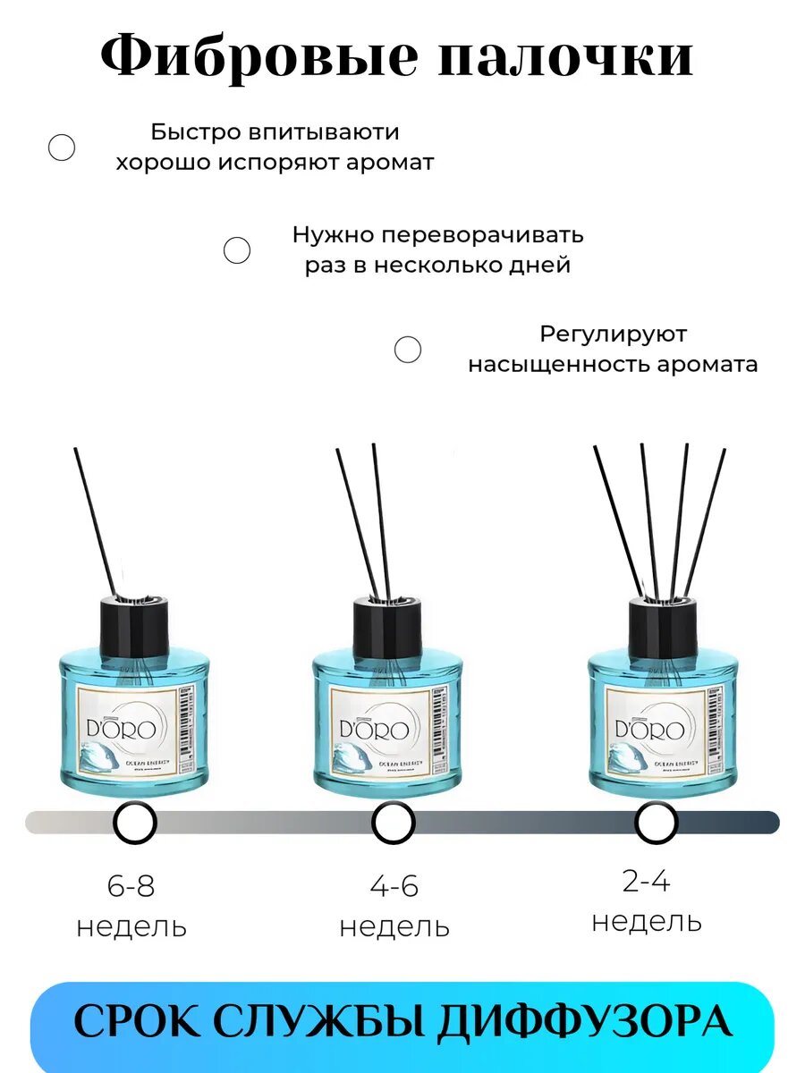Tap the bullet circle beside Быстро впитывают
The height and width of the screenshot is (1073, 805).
pos(62,148)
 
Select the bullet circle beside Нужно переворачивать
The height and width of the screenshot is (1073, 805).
pos(237,250)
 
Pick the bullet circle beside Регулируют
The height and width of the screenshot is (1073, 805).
pos(408,350)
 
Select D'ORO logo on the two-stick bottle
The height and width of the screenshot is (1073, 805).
pos(375,729)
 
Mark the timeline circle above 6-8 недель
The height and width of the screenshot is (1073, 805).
pos(135,822)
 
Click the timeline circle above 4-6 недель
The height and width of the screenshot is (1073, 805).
pos(394,822)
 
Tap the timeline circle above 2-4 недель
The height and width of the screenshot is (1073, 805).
pos(656,822)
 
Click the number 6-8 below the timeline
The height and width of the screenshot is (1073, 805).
pos(131,887)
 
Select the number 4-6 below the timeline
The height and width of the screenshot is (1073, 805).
pos(394,887)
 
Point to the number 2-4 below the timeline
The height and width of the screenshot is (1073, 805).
pos(646,882)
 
